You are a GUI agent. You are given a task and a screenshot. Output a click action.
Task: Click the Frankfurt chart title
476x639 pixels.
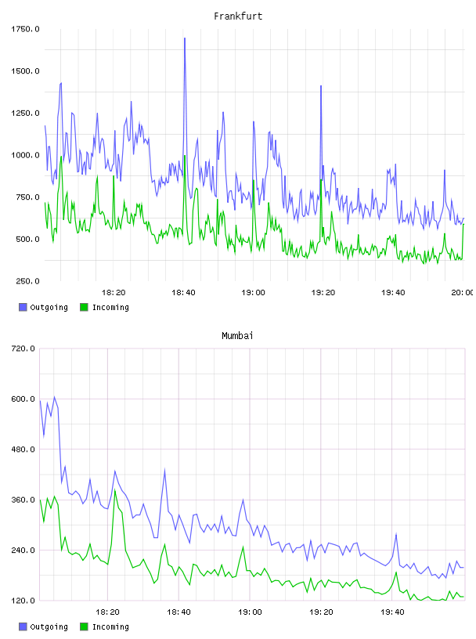(x=238, y=16)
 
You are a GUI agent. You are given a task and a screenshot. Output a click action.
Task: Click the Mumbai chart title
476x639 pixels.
(x=237, y=335)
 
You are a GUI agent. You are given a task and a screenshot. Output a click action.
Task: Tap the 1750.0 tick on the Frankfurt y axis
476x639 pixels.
(x=25, y=29)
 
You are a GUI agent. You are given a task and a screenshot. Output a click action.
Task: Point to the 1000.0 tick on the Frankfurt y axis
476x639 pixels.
(x=25, y=155)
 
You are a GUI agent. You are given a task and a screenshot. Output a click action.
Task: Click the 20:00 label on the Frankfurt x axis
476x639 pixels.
(x=462, y=292)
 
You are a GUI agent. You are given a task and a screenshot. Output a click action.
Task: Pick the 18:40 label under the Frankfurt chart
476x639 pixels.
(x=183, y=292)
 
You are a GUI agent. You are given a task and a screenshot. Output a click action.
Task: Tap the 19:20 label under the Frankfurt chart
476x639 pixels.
(x=323, y=292)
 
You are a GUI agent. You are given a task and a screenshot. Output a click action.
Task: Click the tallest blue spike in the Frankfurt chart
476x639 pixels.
(x=185, y=38)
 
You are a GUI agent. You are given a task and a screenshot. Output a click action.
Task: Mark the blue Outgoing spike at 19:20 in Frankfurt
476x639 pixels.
(x=321, y=86)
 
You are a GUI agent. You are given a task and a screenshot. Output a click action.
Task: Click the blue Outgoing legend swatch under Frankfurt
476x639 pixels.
(x=23, y=307)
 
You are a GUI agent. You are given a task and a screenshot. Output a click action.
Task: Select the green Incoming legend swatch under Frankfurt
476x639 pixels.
(x=84, y=307)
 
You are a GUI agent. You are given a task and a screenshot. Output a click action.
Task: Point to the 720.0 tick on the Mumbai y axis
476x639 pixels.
(x=23, y=348)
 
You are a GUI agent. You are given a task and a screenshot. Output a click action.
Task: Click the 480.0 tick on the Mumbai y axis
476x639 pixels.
(x=23, y=449)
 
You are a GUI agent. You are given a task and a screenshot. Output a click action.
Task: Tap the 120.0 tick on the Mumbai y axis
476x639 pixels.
(x=23, y=601)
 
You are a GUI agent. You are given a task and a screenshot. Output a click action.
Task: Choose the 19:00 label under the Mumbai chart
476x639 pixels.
(x=250, y=612)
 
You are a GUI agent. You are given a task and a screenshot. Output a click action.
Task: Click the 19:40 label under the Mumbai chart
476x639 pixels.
(x=392, y=612)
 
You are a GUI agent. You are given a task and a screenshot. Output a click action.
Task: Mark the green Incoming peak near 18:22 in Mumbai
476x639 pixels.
(x=115, y=490)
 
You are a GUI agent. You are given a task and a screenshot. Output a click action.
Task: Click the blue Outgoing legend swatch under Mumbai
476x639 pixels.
(x=23, y=626)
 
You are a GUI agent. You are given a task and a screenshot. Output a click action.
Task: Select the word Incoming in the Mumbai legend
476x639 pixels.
(x=110, y=626)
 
